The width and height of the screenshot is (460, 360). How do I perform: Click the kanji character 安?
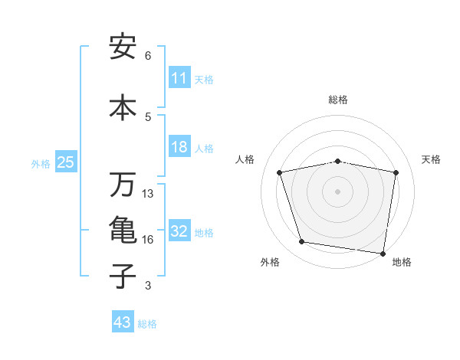point(123,47)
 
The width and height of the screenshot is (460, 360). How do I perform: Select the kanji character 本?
point(123,107)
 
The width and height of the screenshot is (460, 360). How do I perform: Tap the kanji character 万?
point(123,185)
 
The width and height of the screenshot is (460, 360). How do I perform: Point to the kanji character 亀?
point(123,230)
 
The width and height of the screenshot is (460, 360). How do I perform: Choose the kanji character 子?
point(123,276)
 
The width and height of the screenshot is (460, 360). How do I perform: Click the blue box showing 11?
point(179,78)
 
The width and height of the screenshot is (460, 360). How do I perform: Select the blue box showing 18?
point(179,147)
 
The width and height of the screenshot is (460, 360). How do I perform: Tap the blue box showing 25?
point(65,162)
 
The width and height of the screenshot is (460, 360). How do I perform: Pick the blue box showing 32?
point(179,231)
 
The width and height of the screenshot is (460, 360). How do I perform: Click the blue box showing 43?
point(123,322)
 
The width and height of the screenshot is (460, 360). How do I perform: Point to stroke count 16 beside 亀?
point(148,240)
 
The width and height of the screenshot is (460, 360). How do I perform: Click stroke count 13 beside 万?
point(148,194)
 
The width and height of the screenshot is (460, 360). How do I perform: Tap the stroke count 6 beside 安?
point(148,56)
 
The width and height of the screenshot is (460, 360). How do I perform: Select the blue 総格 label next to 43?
point(148,324)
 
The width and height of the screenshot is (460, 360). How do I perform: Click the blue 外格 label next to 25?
point(41,163)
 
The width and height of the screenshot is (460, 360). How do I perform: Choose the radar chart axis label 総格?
point(338,100)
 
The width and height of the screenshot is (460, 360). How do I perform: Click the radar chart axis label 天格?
point(432,159)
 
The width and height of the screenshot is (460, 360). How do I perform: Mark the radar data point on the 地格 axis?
point(383,253)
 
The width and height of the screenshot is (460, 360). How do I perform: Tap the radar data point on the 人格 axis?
point(280,172)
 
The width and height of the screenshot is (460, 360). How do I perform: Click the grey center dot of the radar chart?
point(338,191)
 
